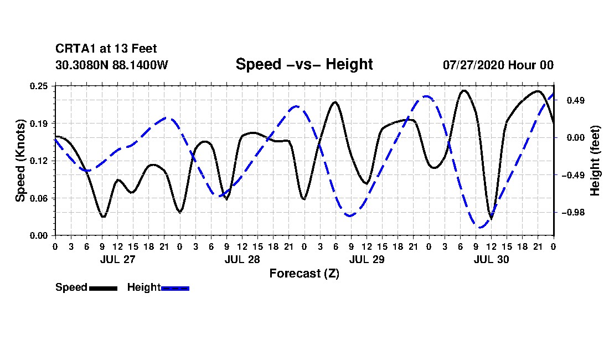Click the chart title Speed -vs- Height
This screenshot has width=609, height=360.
tap(304, 64)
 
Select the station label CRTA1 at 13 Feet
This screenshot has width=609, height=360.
tap(106, 49)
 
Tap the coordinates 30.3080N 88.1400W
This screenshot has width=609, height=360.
tap(111, 65)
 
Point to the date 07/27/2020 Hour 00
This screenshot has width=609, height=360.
tap(498, 65)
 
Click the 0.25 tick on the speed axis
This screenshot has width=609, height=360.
tap(39, 86)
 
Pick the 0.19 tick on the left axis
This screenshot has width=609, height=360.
tap(39, 124)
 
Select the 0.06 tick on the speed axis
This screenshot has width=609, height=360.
tap(39, 198)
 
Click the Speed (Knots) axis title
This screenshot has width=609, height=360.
tap(20, 161)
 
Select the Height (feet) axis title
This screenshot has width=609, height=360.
tap(595, 161)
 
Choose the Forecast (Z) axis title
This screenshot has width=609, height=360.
tap(304, 274)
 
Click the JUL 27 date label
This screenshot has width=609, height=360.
tap(118, 259)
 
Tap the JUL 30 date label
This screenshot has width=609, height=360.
tap(491, 259)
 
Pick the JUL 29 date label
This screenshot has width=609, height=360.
tap(367, 259)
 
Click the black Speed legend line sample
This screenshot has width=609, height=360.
tap(104, 288)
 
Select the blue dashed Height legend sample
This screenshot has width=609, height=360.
tap(175, 288)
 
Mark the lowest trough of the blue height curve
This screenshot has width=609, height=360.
tap(481, 228)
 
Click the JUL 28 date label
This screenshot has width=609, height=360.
tap(242, 259)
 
